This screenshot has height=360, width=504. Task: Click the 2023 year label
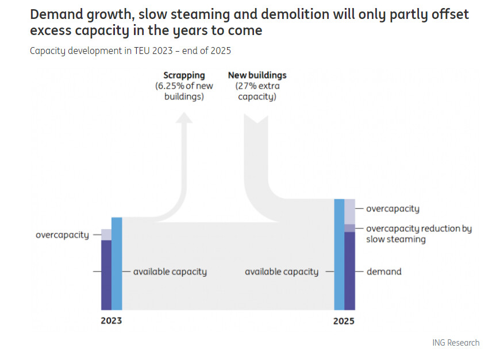pos(111,320)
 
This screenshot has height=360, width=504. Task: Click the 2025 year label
pos(344,321)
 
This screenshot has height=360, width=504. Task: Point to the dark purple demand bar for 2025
pos(349,270)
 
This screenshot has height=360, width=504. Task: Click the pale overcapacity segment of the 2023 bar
pos(106,234)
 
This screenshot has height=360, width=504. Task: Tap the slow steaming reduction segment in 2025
pos(349,228)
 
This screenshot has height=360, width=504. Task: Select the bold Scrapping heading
pos(184,75)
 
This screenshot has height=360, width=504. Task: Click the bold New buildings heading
pos(257,75)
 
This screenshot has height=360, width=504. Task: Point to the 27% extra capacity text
pos(257,91)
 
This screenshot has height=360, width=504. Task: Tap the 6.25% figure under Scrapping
pos(169,86)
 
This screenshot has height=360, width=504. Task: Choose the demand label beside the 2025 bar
pos(384,272)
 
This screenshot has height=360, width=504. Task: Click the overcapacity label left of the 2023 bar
pos(62,235)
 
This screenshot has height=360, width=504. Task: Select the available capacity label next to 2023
pos(170,272)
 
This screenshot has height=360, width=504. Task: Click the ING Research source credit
pos(456,343)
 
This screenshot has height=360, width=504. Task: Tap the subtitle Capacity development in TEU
pos(130,51)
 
